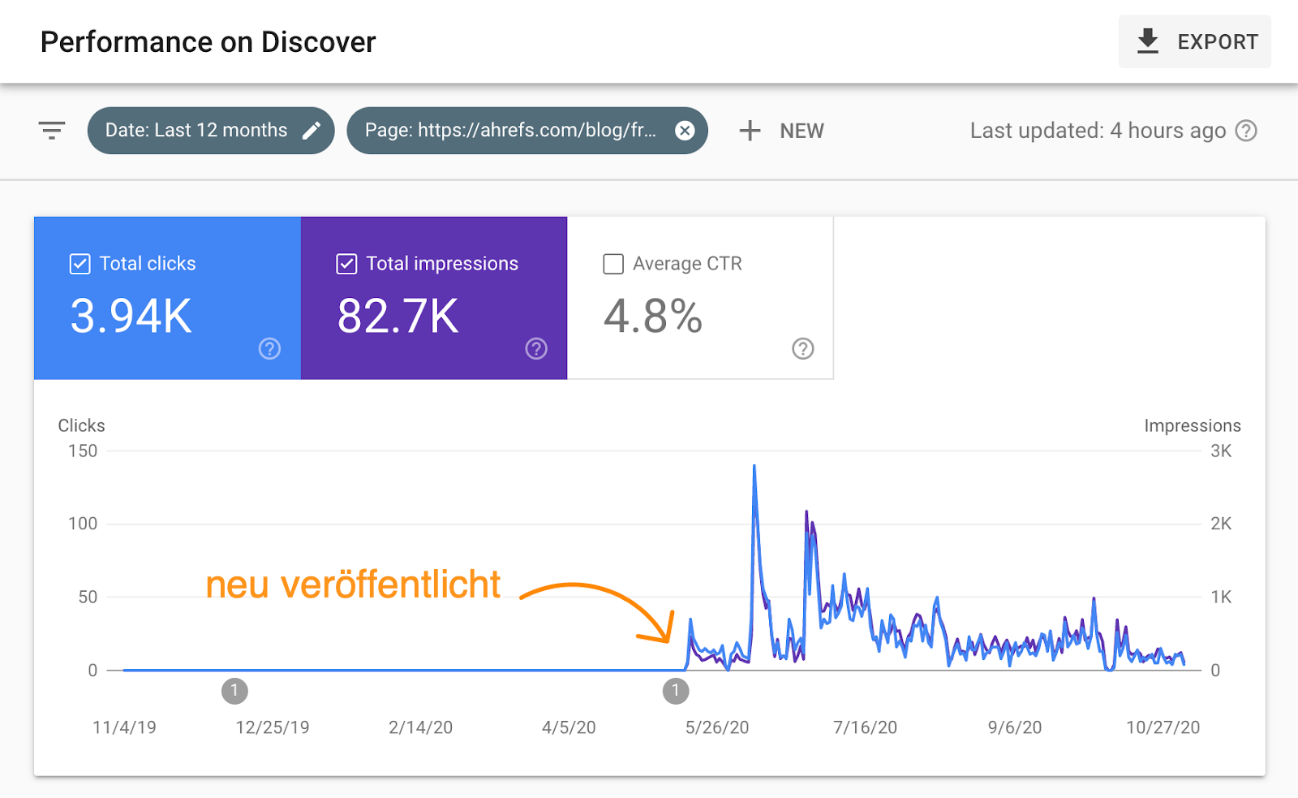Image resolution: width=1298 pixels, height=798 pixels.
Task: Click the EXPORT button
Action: (1194, 41)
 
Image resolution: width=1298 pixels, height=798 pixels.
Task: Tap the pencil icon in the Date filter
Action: (312, 131)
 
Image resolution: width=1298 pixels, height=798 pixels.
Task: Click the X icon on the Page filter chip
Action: (686, 131)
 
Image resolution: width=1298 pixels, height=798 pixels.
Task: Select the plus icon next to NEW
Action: (750, 131)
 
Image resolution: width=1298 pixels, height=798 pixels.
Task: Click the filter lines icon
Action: (52, 131)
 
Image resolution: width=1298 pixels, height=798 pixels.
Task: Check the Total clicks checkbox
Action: (80, 264)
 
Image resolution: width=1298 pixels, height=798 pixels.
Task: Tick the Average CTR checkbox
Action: (613, 264)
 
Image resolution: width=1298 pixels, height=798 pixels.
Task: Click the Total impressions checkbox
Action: (346, 264)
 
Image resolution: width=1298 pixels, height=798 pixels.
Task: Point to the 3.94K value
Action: (131, 316)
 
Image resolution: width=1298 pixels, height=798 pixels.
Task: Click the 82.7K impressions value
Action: (398, 316)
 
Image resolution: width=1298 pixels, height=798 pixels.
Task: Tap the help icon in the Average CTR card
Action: (802, 348)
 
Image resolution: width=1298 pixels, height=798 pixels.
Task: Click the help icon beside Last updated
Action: (1246, 131)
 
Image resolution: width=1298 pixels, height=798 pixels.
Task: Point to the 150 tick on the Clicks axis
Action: (83, 451)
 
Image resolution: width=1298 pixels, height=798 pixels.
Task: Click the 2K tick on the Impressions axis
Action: (1221, 524)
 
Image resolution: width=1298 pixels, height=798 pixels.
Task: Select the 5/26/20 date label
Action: (717, 727)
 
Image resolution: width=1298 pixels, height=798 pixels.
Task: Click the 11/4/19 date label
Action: (124, 727)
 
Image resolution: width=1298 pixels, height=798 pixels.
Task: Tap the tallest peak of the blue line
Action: (754, 467)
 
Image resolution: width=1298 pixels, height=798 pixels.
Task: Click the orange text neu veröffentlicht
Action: (353, 584)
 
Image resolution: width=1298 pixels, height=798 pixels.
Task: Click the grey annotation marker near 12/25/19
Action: (234, 691)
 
